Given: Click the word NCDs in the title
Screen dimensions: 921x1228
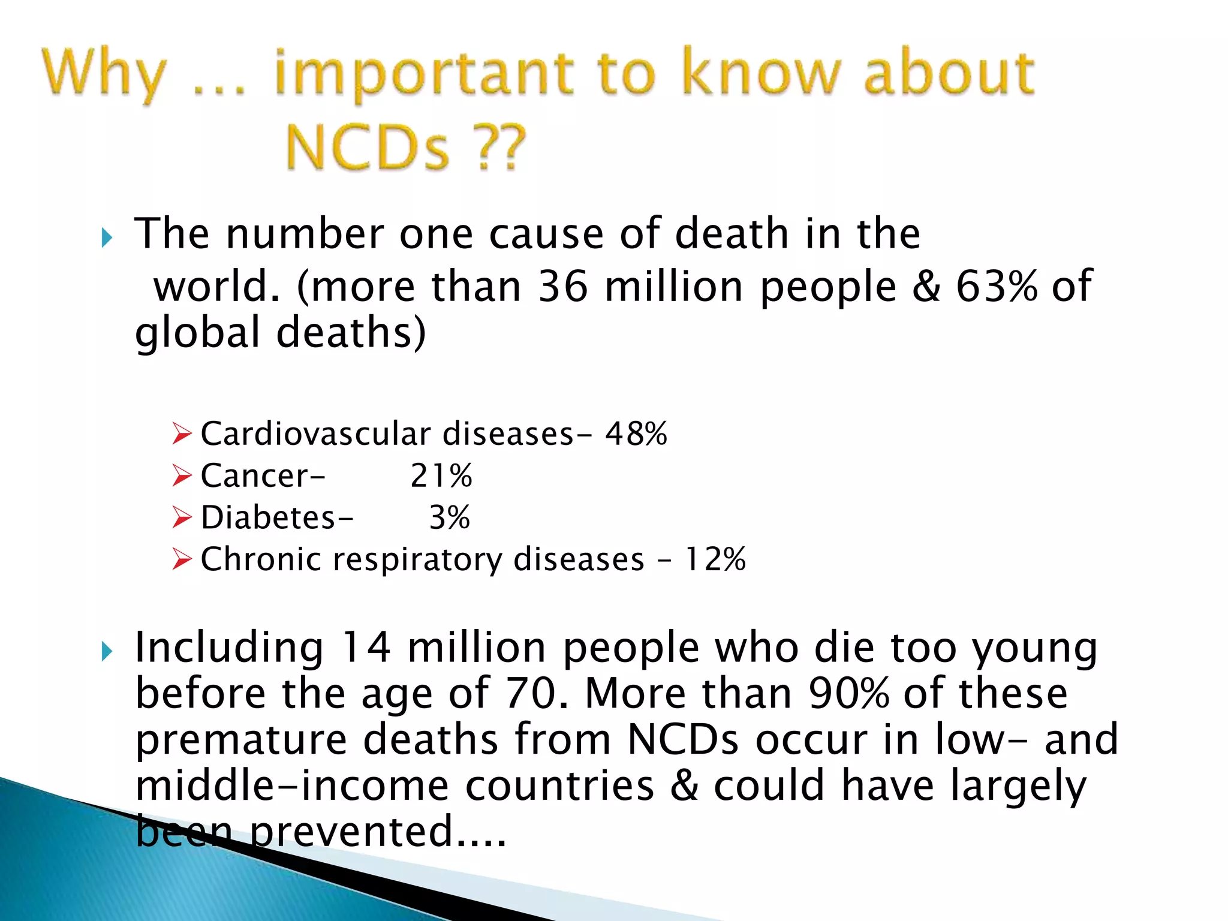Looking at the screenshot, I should click(x=367, y=147).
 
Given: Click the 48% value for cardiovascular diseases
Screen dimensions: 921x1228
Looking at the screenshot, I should click(x=636, y=434).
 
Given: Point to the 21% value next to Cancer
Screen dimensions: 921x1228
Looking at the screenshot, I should click(x=441, y=476).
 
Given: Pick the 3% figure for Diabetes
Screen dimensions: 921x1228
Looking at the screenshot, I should click(x=449, y=517).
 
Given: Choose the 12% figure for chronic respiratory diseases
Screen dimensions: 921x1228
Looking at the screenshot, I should click(x=715, y=559).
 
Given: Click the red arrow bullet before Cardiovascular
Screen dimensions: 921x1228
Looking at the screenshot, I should click(x=181, y=434).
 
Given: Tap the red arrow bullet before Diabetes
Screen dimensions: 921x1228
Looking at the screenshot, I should click(x=181, y=517).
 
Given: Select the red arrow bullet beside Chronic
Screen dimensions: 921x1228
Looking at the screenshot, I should click(x=181, y=559).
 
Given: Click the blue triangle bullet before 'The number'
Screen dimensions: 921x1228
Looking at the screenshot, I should click(x=107, y=238).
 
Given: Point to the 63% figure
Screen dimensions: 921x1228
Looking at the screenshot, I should click(x=996, y=287).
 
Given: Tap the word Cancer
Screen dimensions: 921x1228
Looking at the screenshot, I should click(x=255, y=476).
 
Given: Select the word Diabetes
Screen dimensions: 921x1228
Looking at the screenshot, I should click(x=268, y=517).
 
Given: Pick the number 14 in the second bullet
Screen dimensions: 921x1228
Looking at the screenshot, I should click(x=365, y=648).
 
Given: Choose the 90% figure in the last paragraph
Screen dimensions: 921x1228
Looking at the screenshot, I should click(x=848, y=694).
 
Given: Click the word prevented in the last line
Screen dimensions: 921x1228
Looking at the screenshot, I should click(x=351, y=832).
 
